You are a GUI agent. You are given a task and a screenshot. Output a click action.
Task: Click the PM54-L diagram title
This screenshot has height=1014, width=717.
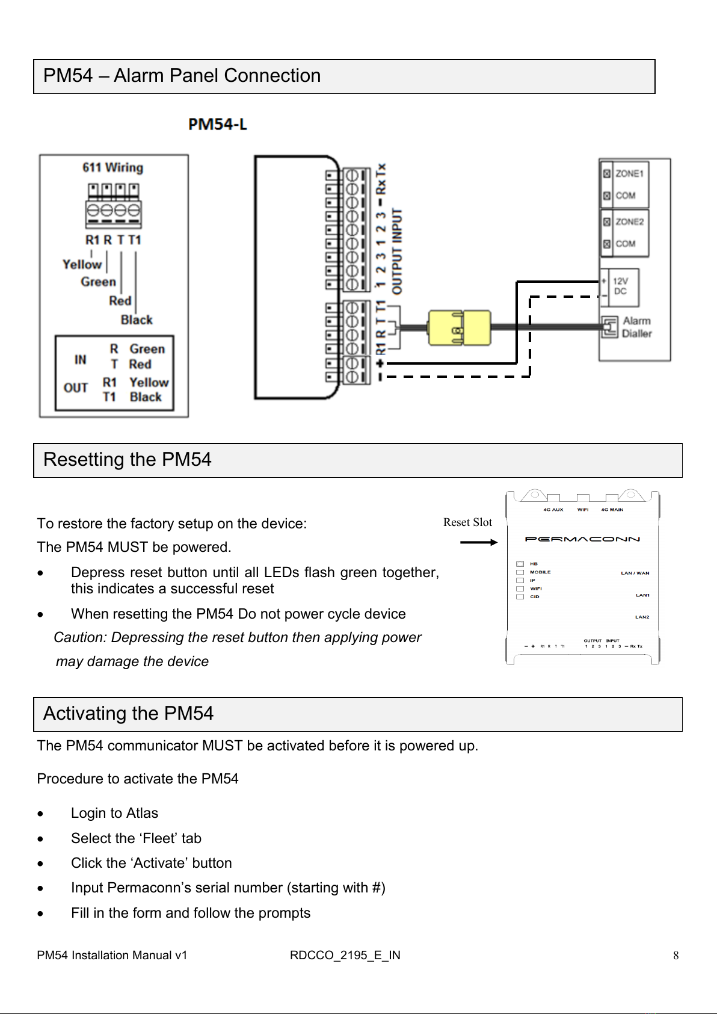217,125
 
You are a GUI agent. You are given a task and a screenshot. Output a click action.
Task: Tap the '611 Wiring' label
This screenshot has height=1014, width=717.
113,167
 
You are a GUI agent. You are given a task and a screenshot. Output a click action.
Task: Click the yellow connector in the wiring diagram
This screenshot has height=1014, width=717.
459,328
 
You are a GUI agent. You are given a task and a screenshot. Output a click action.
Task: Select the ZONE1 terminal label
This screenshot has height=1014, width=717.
629,173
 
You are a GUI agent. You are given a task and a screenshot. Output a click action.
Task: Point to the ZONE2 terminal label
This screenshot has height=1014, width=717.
629,221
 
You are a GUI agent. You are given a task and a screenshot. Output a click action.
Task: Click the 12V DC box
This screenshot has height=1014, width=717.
620,286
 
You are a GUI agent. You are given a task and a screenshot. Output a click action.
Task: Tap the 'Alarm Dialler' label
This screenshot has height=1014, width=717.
636,327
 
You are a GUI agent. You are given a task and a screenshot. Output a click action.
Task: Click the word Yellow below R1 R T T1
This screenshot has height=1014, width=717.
82,264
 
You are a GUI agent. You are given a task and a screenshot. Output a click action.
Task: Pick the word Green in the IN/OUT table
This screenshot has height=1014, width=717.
147,349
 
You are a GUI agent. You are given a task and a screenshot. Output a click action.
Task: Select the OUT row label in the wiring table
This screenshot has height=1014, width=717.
76,388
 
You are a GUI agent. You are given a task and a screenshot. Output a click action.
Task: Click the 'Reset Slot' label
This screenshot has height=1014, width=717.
467,522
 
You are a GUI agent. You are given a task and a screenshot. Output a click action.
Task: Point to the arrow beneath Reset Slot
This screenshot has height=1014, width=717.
478,542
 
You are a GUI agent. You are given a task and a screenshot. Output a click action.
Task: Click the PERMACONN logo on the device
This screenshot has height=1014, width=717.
582,539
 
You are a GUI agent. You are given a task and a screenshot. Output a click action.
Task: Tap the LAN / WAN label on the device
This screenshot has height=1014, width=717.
635,573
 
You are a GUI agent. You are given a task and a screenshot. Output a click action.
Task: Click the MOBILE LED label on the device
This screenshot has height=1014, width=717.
540,572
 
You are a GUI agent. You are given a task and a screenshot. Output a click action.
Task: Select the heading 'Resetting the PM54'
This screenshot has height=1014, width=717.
128,460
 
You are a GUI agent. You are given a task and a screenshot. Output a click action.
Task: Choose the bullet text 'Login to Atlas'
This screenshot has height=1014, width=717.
114,813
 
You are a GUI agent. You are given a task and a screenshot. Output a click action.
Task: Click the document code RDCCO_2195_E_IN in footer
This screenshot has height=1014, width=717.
345,955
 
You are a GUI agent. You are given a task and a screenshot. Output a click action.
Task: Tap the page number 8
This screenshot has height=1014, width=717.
676,956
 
